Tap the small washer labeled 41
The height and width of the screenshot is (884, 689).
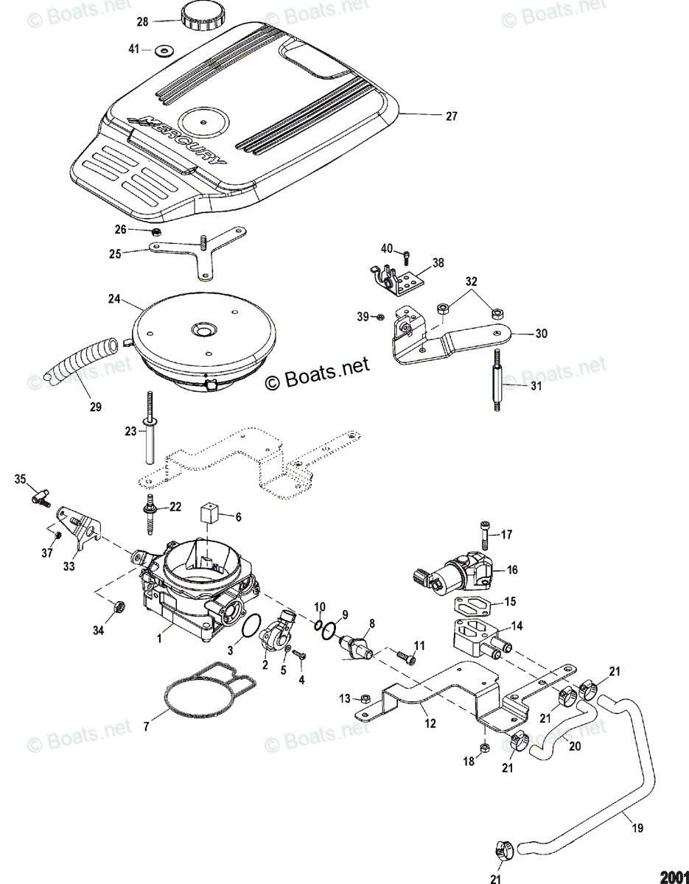pyautogui.click(x=162, y=50)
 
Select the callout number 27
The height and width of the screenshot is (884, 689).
pyautogui.click(x=450, y=116)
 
